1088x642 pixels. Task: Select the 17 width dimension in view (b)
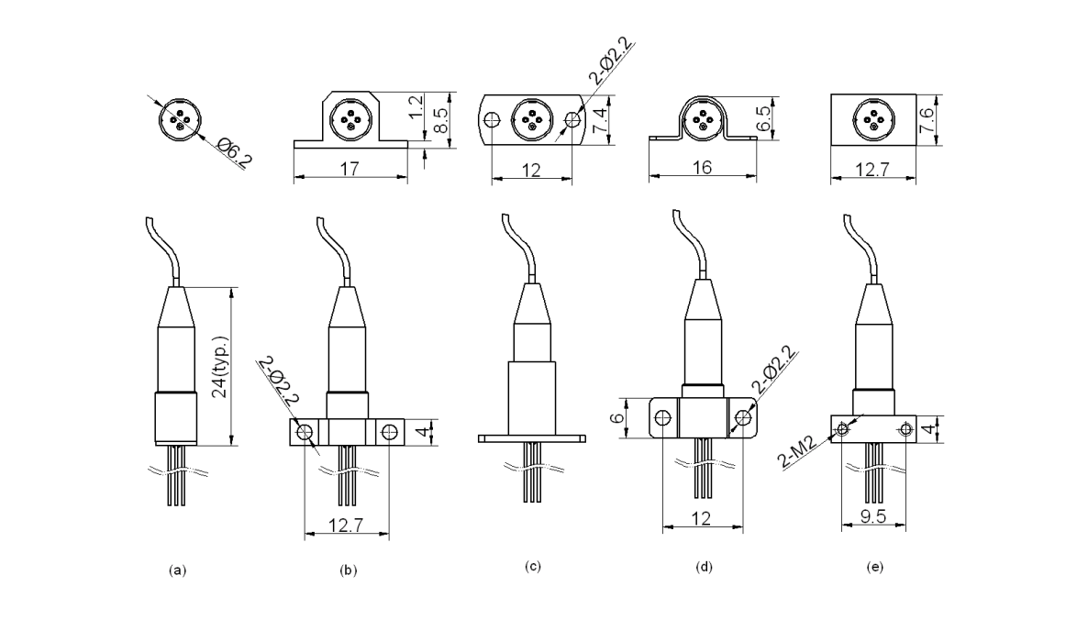click(349, 169)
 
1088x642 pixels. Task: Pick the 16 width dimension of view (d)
click(703, 168)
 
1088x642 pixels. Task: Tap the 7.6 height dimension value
click(927, 117)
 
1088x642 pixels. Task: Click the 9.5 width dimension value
click(873, 516)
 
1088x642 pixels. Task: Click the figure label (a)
click(178, 570)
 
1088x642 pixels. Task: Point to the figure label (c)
click(533, 566)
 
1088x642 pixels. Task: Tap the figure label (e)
click(874, 568)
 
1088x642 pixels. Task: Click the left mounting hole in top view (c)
click(493, 119)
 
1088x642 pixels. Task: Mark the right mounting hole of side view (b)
click(389, 430)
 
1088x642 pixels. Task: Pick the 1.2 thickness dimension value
click(417, 108)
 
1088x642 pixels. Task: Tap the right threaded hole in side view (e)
click(905, 427)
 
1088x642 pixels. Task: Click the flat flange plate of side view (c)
click(533, 438)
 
